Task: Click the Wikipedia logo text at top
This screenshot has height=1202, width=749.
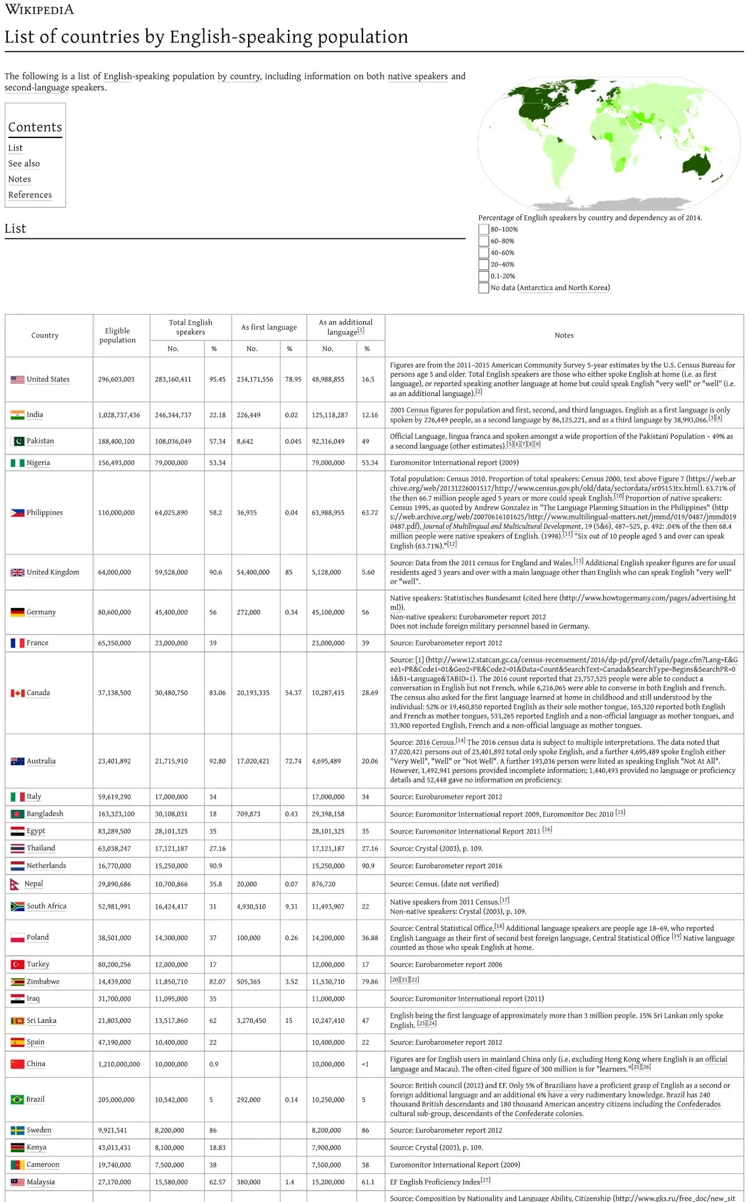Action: click(x=39, y=10)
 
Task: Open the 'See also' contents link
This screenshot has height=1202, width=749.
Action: click(x=24, y=164)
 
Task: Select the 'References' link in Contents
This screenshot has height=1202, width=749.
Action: click(x=30, y=195)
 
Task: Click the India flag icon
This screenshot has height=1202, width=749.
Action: click(x=17, y=415)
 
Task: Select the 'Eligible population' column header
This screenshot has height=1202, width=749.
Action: click(x=117, y=335)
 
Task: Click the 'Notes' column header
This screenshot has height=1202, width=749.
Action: click(x=564, y=335)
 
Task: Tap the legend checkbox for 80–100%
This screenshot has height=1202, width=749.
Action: click(x=483, y=229)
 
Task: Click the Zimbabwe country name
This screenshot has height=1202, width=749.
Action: click(x=43, y=981)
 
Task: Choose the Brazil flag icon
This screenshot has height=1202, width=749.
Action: click(x=17, y=1099)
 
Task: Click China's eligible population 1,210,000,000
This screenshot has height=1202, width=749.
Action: click(x=119, y=1064)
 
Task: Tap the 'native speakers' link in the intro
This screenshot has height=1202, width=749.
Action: click(x=418, y=76)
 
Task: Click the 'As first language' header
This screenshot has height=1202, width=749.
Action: click(x=269, y=327)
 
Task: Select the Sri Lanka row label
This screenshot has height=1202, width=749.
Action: click(x=41, y=1021)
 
